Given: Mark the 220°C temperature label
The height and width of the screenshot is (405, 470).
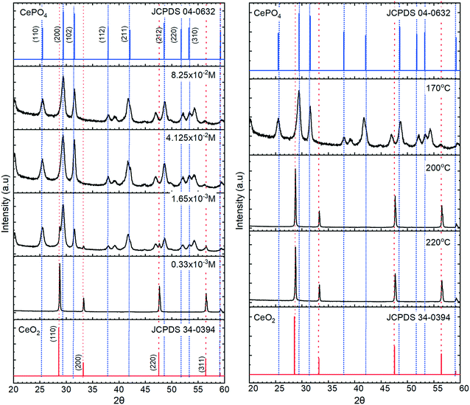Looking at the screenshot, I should [x=436, y=240].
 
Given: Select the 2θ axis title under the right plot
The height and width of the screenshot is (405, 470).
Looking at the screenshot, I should [x=357, y=398].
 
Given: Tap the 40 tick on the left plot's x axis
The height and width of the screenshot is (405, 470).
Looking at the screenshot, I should [x=119, y=388].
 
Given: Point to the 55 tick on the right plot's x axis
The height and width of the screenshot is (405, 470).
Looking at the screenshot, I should [x=438, y=387].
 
